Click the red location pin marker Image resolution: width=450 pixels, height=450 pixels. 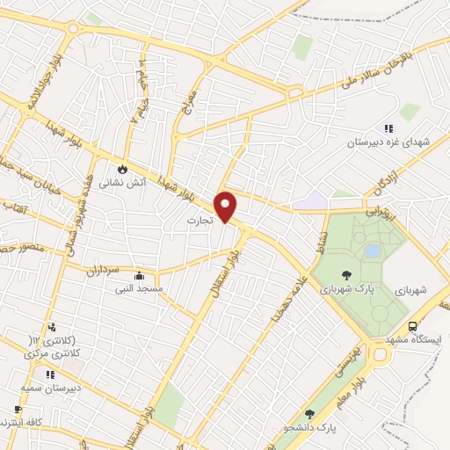227,205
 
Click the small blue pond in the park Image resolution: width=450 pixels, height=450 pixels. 373,251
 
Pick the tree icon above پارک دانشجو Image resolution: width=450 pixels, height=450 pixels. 308,413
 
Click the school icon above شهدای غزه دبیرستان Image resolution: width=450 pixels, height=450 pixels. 388,128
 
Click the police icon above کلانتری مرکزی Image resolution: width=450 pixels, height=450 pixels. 52,327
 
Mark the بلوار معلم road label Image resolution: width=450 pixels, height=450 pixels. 368,387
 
